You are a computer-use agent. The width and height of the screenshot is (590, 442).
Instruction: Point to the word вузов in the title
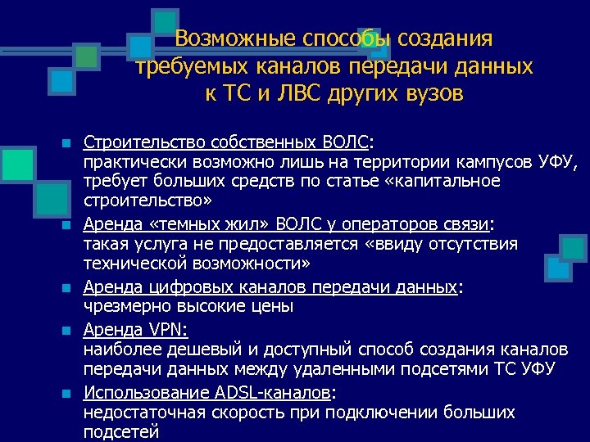(433, 93)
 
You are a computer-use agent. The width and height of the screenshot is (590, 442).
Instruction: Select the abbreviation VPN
(166, 328)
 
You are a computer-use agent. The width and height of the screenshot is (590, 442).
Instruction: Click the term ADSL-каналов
(272, 391)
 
